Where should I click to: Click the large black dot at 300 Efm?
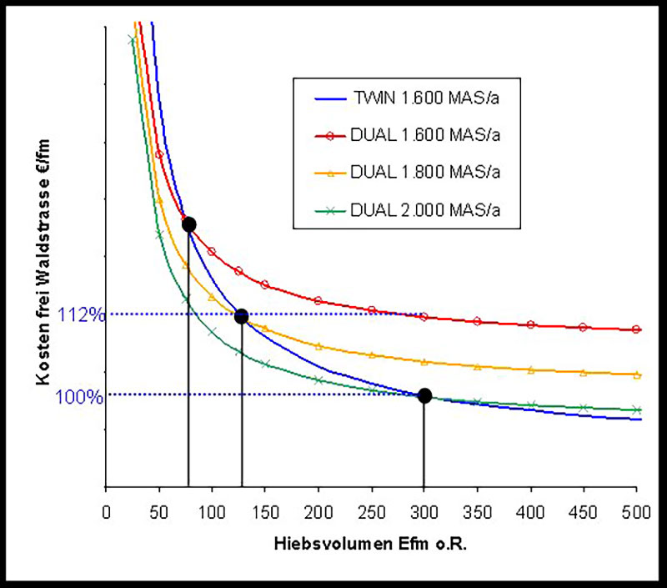424,395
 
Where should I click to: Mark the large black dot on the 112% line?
242,316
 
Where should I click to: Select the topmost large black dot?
188,224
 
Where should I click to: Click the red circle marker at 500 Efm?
637,329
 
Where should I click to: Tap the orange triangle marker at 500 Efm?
637,375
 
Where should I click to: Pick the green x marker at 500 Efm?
637,410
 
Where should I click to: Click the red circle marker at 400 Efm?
531,324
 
